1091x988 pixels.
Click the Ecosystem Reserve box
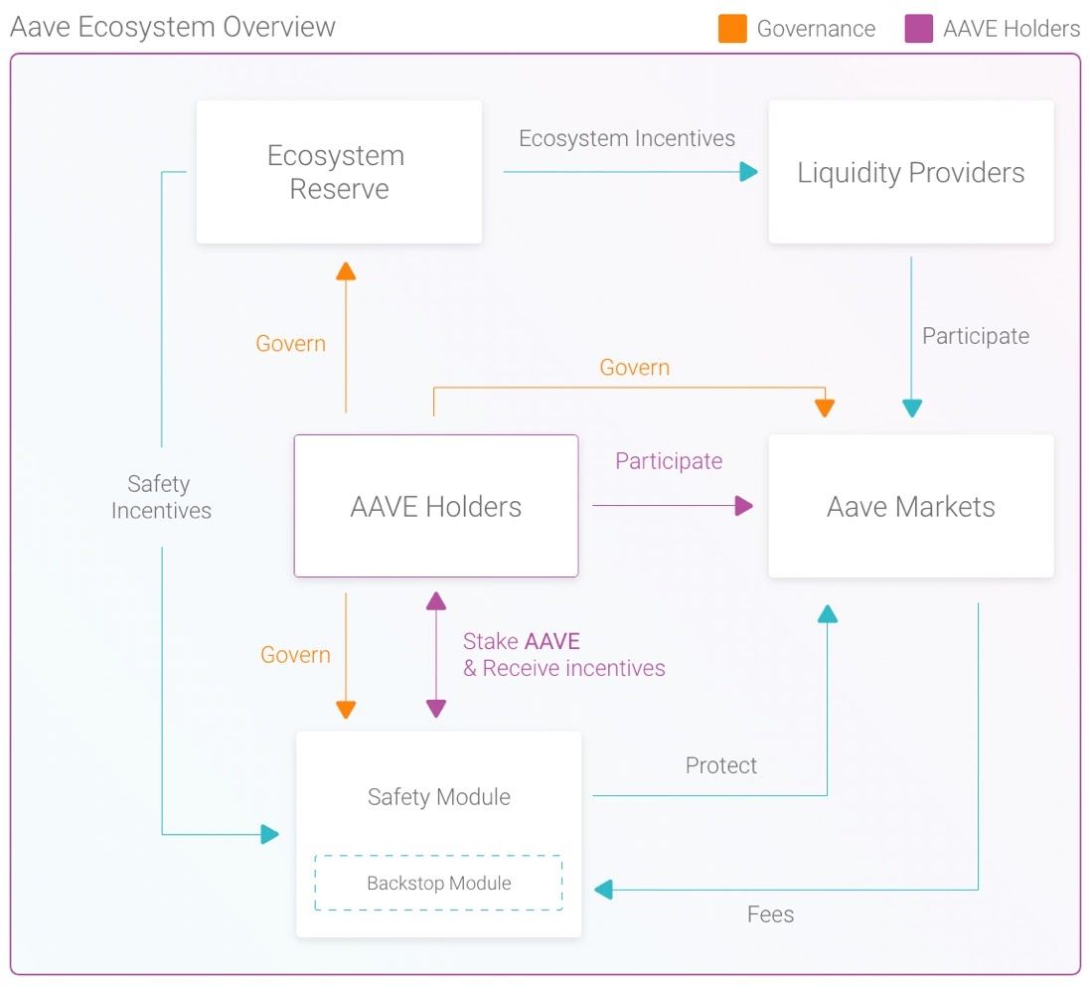point(339,172)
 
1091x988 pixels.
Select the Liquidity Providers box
point(910,172)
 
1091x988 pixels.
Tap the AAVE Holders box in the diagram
point(435,506)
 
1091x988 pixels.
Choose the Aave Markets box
point(910,506)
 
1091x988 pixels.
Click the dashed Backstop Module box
point(438,883)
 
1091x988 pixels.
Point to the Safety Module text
point(438,796)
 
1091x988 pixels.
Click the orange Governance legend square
point(732,29)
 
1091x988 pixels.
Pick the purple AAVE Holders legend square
point(919,29)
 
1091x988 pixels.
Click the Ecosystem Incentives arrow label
point(627,138)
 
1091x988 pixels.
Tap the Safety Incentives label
point(160,497)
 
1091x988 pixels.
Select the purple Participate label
point(669,461)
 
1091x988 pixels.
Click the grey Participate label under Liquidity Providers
point(975,336)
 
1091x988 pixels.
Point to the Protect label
point(721,765)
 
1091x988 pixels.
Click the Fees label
point(770,914)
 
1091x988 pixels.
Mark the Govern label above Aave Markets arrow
point(634,368)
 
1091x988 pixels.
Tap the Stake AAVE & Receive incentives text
point(563,655)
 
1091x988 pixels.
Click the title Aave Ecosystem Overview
point(173,27)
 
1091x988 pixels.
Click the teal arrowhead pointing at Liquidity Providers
point(748,172)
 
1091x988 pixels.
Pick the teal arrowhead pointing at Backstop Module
point(603,890)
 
